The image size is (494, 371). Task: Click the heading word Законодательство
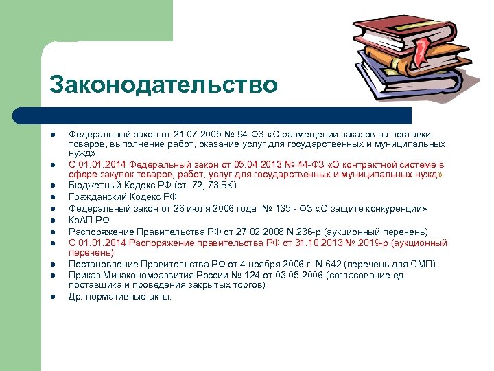pyautogui.click(x=163, y=85)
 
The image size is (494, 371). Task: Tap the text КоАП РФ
pyautogui.click(x=89, y=221)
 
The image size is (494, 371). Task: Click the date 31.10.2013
pyautogui.click(x=292, y=243)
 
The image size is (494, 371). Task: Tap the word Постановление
pyautogui.click(x=101, y=265)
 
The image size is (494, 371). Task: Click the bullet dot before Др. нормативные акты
pyautogui.click(x=52, y=297)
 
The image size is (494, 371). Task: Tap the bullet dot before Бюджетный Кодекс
pyautogui.click(x=52, y=186)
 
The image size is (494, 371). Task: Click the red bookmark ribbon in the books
pyautogui.click(x=420, y=47)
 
